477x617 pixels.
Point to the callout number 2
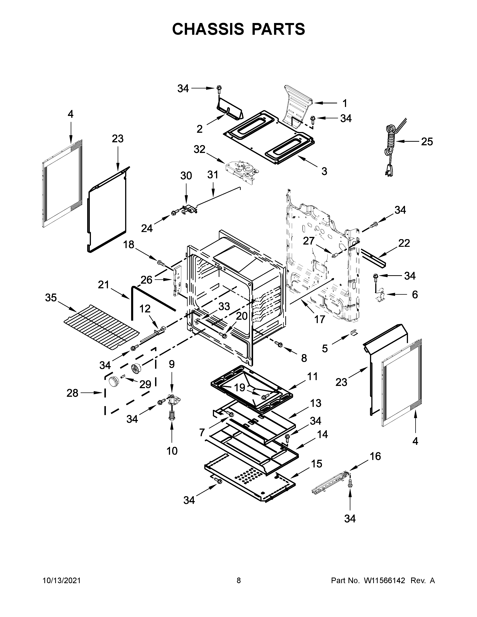(200, 129)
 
